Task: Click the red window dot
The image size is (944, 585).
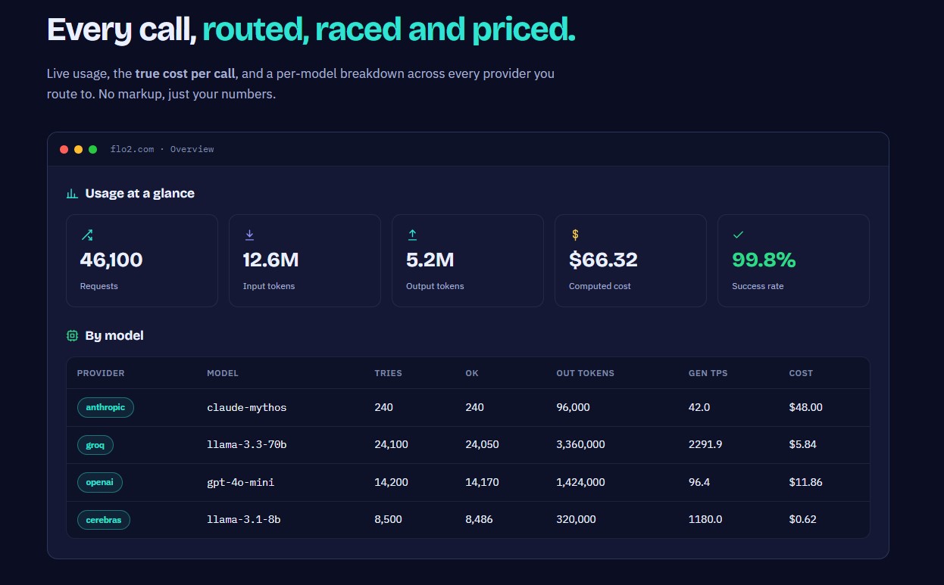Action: [x=64, y=149]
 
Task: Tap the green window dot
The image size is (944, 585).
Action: [x=92, y=149]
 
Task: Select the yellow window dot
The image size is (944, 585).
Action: [x=78, y=149]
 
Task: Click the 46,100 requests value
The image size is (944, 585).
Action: [x=111, y=260]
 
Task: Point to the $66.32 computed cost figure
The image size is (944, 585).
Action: [x=603, y=260]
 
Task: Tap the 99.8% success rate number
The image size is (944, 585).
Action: [x=764, y=260]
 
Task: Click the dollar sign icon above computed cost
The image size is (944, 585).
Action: [x=575, y=235]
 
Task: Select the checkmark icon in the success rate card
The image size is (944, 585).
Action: [x=738, y=235]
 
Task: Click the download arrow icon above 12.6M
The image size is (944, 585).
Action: [x=249, y=235]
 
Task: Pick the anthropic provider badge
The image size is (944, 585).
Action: [x=105, y=407]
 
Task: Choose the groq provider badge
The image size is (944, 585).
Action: [x=95, y=445]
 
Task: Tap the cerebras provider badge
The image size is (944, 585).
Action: [x=104, y=520]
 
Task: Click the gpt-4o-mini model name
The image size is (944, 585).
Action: [x=241, y=482]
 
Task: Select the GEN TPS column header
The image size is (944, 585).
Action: [x=708, y=373]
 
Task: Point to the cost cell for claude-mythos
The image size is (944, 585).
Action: [x=806, y=407]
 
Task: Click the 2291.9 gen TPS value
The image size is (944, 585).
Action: [x=705, y=444]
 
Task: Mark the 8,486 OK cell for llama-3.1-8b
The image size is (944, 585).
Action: [x=479, y=519]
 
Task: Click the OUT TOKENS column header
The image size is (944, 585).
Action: [x=586, y=373]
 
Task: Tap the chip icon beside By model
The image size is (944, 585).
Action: [x=73, y=335]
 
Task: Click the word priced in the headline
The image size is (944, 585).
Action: [x=524, y=30]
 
